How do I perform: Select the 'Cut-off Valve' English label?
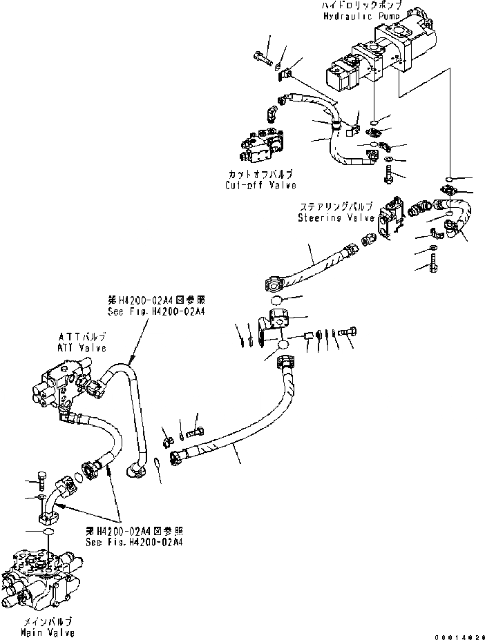click(x=260, y=186)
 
